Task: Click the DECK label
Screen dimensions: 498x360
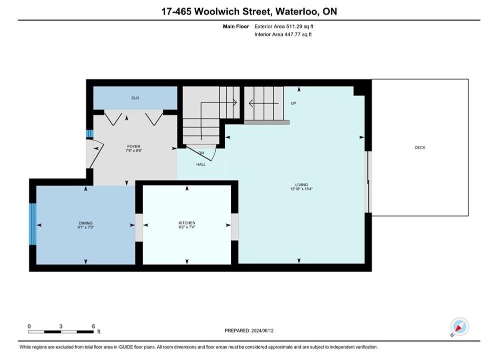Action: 420,147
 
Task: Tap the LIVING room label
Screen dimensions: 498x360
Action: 301,184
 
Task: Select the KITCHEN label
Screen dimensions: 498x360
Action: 187,223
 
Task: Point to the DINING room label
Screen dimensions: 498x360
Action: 86,223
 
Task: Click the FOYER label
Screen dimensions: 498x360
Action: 134,146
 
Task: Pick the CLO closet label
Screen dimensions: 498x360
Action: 135,98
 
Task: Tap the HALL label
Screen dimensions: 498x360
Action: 201,164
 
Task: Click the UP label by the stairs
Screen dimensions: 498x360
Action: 293,103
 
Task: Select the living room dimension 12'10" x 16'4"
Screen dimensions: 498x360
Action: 301,189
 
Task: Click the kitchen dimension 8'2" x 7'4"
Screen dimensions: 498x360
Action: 187,227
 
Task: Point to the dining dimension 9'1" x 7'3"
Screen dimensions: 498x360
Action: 86,227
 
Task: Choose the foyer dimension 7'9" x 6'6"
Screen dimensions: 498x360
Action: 134,150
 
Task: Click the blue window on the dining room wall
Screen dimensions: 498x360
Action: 33,224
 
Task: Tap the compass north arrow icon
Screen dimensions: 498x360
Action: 459,326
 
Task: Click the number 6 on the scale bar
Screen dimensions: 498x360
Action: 94,326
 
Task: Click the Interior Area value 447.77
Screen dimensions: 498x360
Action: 292,34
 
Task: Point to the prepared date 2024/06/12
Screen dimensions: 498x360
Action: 262,330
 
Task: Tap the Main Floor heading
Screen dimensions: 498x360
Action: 236,26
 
